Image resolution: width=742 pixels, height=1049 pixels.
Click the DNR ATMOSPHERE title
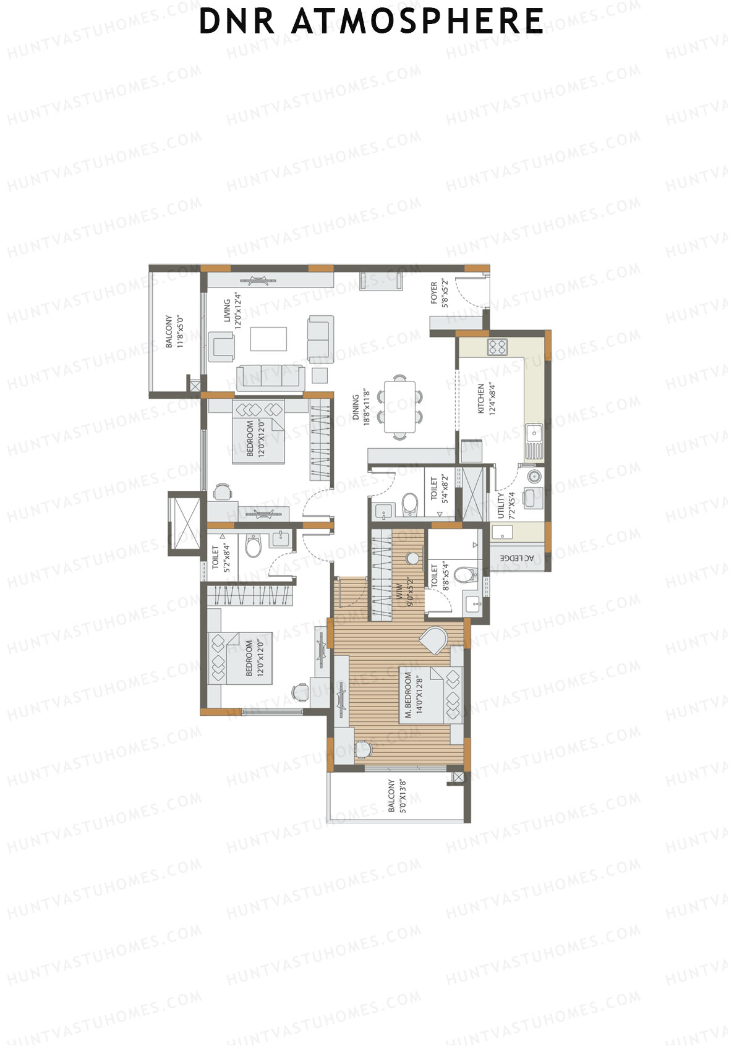click(x=371, y=22)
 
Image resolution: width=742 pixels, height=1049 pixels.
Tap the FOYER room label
click(x=438, y=293)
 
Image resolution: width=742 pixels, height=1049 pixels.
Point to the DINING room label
click(x=360, y=407)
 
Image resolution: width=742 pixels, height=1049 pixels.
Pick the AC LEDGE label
click(x=516, y=558)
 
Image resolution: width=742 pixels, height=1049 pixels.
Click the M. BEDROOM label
click(x=413, y=695)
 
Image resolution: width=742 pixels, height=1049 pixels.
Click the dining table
click(x=400, y=407)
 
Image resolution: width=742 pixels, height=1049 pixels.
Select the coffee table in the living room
click(x=268, y=339)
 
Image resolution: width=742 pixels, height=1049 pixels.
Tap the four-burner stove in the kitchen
click(x=497, y=347)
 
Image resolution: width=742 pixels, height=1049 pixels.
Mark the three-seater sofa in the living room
click(x=271, y=376)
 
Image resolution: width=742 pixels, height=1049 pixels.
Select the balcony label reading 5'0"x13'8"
click(x=396, y=796)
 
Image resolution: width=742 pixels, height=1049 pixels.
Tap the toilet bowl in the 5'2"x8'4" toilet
click(x=254, y=546)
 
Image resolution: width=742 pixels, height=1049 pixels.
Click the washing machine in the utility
click(x=534, y=477)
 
